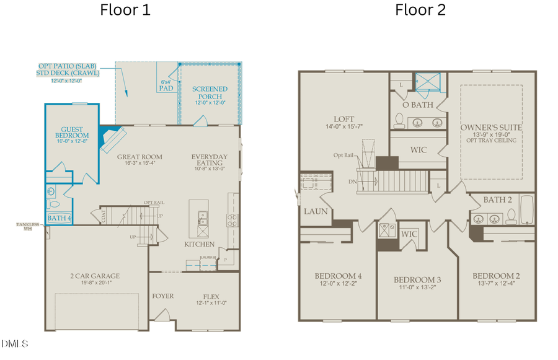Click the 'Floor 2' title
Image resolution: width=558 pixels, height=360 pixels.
(x=420, y=10)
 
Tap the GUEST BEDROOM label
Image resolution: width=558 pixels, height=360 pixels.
(x=71, y=134)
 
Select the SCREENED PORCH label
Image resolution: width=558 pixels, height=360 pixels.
(x=209, y=93)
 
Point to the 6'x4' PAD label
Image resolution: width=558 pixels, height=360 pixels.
(x=166, y=86)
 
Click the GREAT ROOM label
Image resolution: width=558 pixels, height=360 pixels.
(x=140, y=157)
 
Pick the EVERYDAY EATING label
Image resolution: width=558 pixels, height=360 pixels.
(x=209, y=160)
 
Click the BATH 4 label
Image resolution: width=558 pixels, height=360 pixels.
(x=60, y=218)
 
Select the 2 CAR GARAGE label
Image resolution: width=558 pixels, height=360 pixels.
(x=94, y=276)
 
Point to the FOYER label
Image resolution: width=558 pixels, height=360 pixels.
(x=163, y=296)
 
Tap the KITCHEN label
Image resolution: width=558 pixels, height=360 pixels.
(x=199, y=245)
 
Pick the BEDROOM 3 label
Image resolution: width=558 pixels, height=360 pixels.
(x=412, y=280)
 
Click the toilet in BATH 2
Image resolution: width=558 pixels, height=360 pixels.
(x=511, y=215)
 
